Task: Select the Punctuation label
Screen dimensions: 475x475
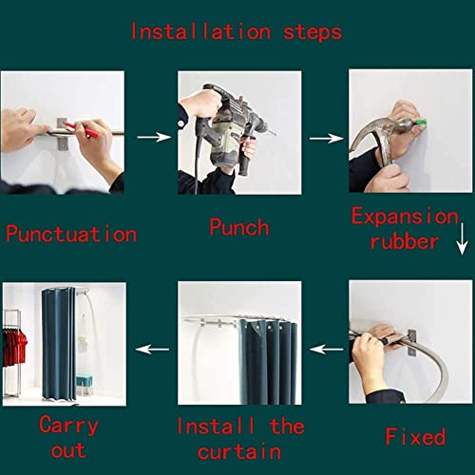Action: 71,234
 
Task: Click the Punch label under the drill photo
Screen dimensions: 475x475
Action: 238,228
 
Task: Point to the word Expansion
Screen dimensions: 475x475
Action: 410,216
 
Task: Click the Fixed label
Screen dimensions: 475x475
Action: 415,437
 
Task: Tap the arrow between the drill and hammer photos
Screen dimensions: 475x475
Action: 326,138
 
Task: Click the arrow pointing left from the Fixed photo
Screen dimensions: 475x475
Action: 328,349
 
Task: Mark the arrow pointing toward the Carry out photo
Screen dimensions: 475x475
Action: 151,349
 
